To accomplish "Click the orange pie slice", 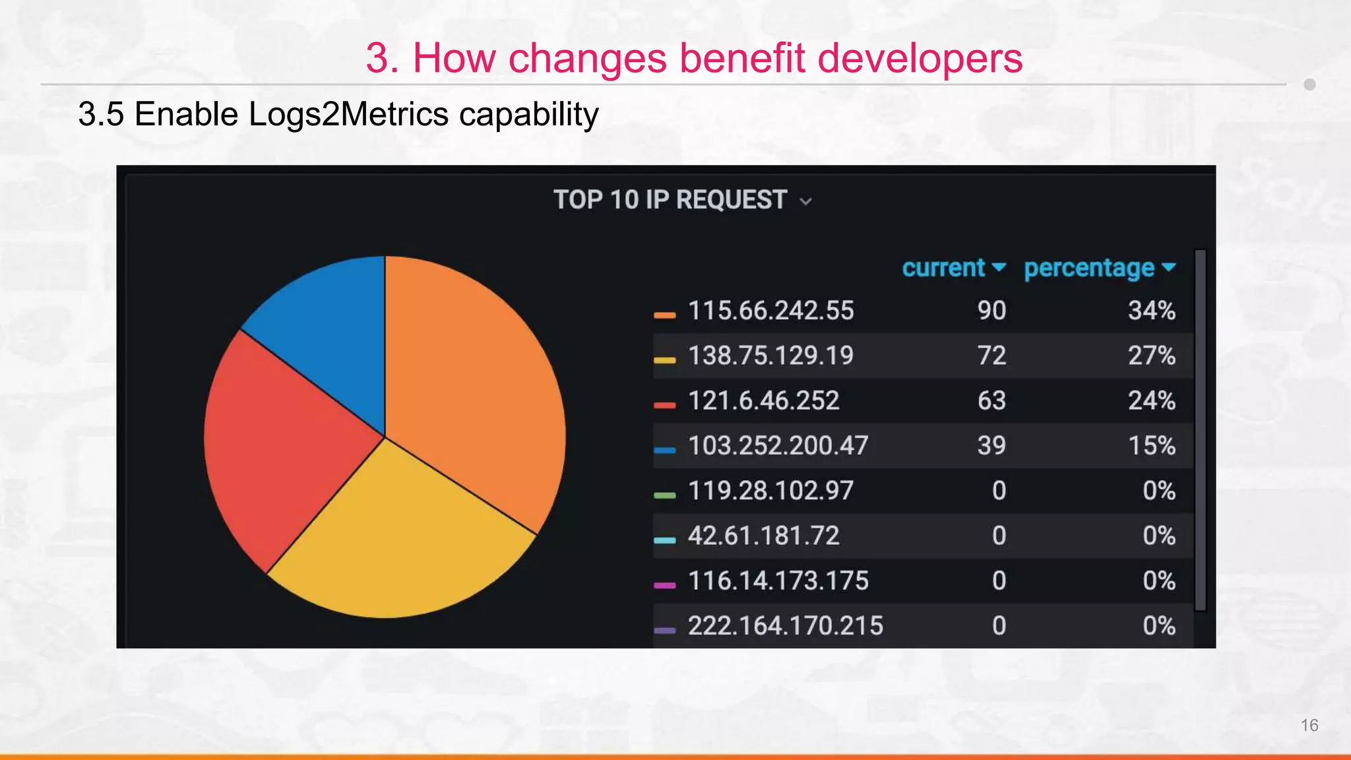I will (475, 383).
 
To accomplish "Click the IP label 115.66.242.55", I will (770, 311).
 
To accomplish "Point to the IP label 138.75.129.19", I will (770, 356).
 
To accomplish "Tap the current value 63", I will (991, 400).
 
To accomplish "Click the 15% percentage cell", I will (1151, 445).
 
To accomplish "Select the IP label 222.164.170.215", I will (785, 625).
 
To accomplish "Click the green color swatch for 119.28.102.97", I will (664, 495).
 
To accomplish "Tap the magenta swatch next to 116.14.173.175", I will (664, 585).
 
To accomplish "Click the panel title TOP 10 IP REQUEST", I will (670, 200).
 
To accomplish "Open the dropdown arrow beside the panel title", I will (805, 202).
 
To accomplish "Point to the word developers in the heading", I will (920, 58).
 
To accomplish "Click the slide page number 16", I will (1309, 725).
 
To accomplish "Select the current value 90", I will (991, 311).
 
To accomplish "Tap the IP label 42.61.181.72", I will (763, 536).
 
